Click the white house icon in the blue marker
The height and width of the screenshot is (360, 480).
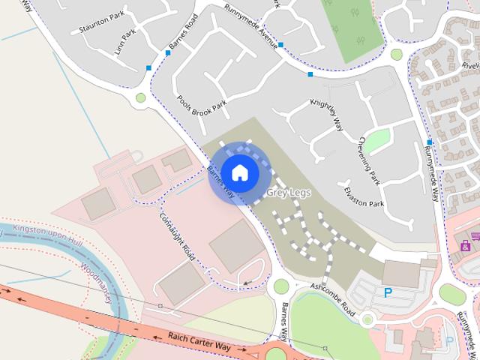[239, 172]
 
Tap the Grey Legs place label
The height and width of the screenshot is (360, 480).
[288, 193]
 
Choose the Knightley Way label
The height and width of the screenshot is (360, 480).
[327, 114]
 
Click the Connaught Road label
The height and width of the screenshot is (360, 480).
[177, 236]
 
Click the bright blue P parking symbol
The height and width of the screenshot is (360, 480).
[388, 293]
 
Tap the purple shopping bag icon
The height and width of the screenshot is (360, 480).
[465, 245]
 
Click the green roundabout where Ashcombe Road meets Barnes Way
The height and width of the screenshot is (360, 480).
[281, 286]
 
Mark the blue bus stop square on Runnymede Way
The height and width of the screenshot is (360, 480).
[429, 142]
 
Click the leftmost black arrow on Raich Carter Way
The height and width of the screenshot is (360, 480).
[11, 289]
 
